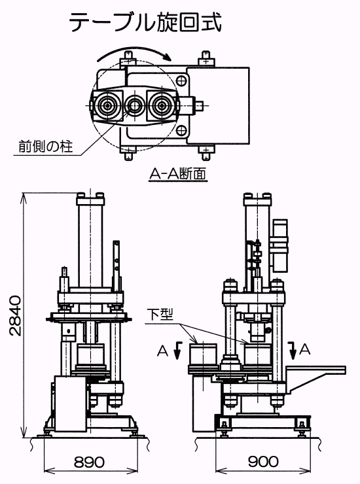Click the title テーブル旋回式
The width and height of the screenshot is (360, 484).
pos(145,22)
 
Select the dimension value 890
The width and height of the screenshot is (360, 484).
pos(90,462)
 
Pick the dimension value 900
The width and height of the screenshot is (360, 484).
pos(263,462)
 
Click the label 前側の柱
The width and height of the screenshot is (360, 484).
pos(46,147)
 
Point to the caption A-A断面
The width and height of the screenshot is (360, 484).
pos(177,174)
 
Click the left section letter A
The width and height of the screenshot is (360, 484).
pos(162,351)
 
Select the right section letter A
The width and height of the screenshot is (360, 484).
pos(304,349)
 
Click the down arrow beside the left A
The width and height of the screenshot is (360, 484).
pos(177,351)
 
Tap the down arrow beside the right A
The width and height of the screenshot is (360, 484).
pos(293,351)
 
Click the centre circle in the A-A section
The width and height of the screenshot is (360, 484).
pos(134,105)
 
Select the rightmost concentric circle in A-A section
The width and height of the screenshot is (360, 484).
pos(161,106)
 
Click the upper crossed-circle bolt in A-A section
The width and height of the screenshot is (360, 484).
pos(182,80)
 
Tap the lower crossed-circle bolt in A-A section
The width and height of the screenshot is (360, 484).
pos(182,130)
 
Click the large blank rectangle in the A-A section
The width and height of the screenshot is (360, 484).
pos(218,105)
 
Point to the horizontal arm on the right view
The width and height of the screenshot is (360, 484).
pos(315,370)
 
